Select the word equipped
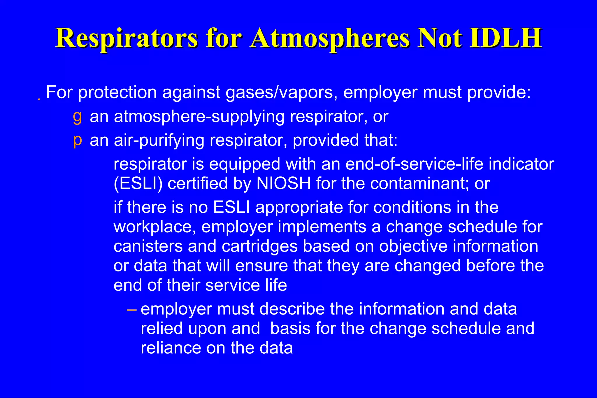245,164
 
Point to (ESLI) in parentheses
138,184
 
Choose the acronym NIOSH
284,184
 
